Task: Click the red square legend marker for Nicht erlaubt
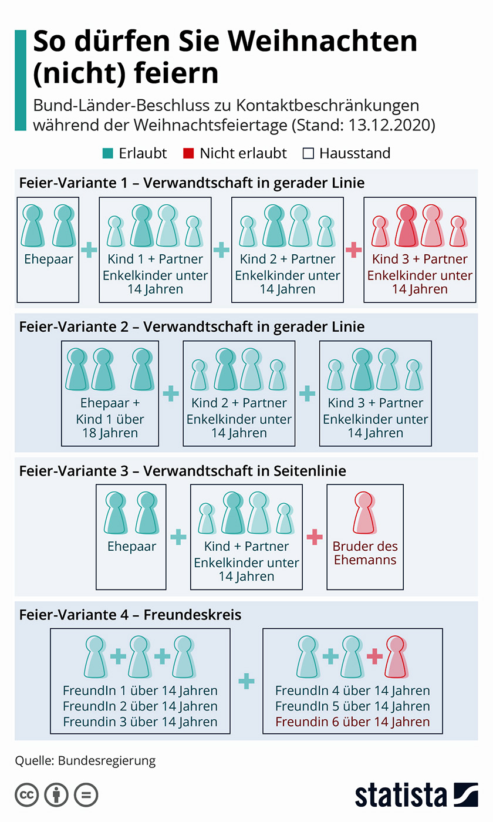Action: click(188, 154)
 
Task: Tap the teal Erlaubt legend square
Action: click(107, 154)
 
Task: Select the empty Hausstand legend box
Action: click(308, 154)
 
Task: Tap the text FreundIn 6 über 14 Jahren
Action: click(352, 722)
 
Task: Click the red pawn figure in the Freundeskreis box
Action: click(396, 656)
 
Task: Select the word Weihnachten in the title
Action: click(322, 42)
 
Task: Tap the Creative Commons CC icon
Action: click(26, 796)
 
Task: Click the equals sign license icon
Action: click(86, 796)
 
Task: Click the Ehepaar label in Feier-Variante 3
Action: click(131, 547)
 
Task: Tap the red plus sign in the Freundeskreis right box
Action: click(374, 656)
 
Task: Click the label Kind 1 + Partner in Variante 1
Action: click(155, 259)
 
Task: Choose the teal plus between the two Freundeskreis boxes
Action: click(246, 681)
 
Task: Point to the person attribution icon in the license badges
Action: click(56, 796)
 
